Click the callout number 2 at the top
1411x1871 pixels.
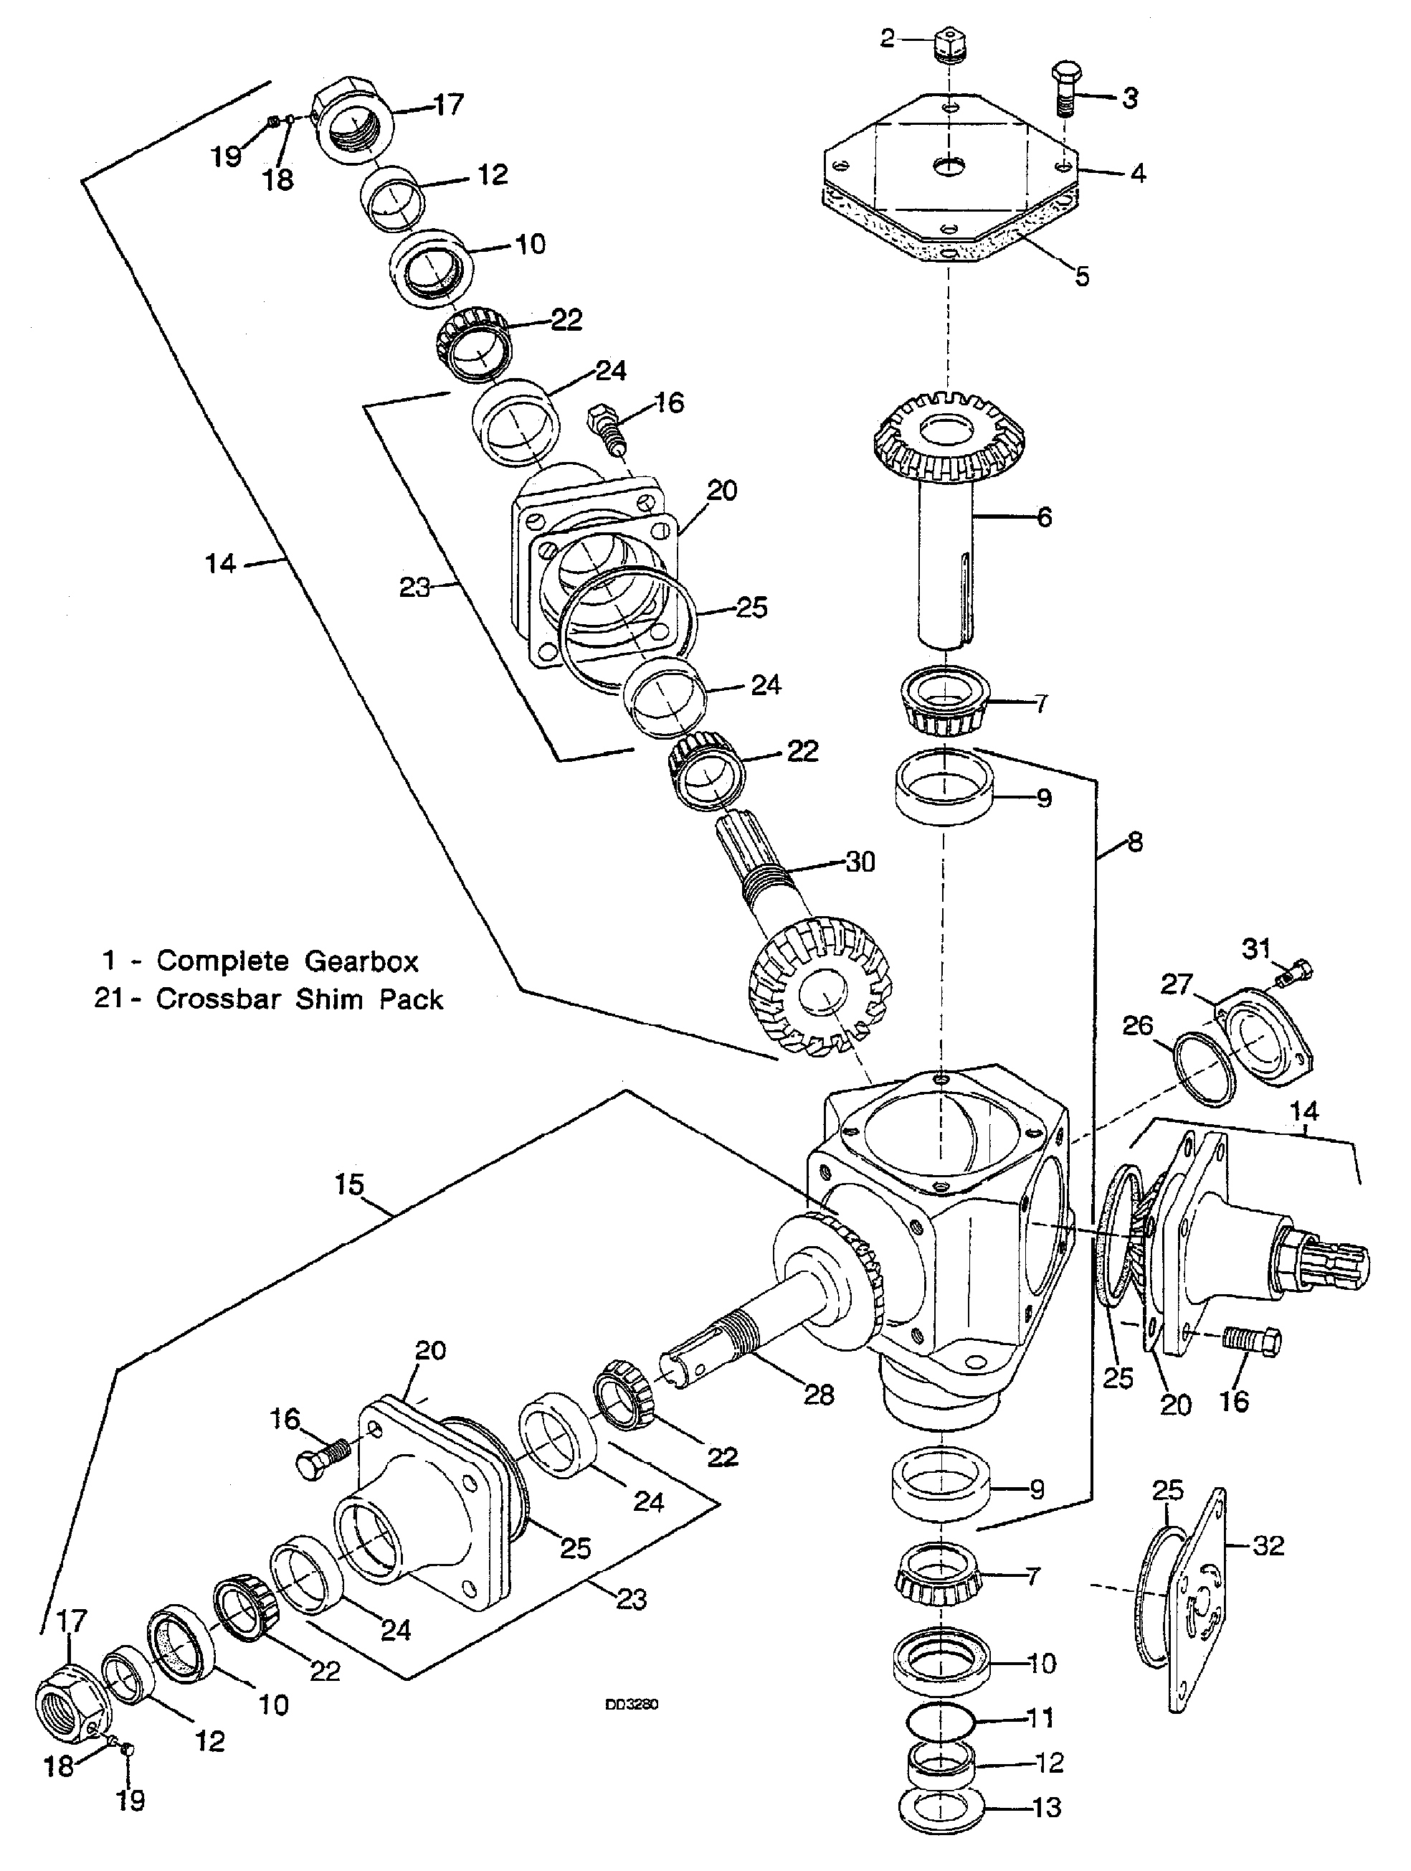(886, 38)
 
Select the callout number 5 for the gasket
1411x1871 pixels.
(1083, 277)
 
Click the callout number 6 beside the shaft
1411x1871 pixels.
(1044, 516)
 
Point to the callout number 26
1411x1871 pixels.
(1138, 1025)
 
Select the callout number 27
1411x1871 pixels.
(1175, 984)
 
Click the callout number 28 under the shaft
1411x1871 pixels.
(818, 1394)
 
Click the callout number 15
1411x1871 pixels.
(348, 1184)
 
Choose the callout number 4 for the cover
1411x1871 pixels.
(1138, 174)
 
